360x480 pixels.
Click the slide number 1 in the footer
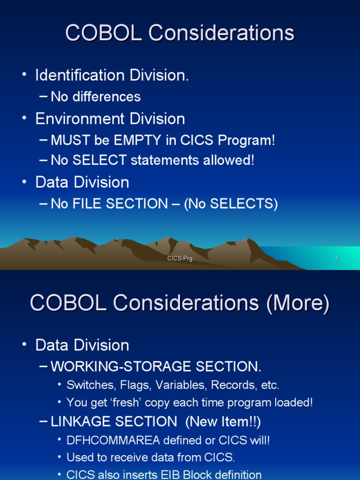coord(336,259)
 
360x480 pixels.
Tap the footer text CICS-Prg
coord(180,259)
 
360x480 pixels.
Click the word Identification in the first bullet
coord(82,75)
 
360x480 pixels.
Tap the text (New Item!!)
coord(223,421)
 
